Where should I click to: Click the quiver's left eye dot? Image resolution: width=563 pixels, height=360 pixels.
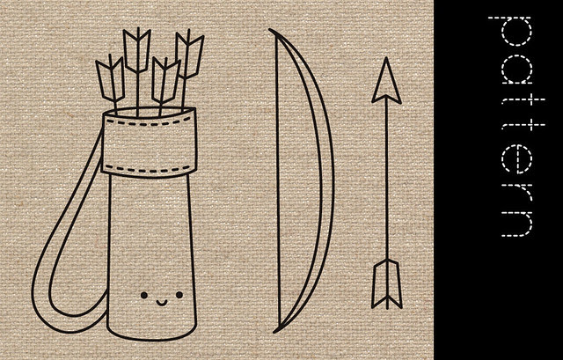(x=144, y=295)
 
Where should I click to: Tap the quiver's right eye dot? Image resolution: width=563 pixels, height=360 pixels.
(x=179, y=295)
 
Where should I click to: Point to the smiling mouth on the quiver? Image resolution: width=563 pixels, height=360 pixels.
(x=162, y=303)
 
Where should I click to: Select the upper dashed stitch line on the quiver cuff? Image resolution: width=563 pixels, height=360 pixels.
(x=149, y=123)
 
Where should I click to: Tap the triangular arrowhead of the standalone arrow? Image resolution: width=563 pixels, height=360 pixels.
(x=386, y=81)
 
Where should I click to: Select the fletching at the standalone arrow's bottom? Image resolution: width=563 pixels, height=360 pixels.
(x=387, y=283)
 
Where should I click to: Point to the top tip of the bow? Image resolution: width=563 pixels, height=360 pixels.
(x=270, y=30)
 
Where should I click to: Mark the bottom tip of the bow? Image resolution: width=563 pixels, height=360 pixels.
(x=274, y=331)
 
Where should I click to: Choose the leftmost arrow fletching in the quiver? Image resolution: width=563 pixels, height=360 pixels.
(x=111, y=79)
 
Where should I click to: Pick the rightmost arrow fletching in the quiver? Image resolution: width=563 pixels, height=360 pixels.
(x=189, y=55)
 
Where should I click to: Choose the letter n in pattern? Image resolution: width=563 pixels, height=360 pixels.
(x=517, y=221)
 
